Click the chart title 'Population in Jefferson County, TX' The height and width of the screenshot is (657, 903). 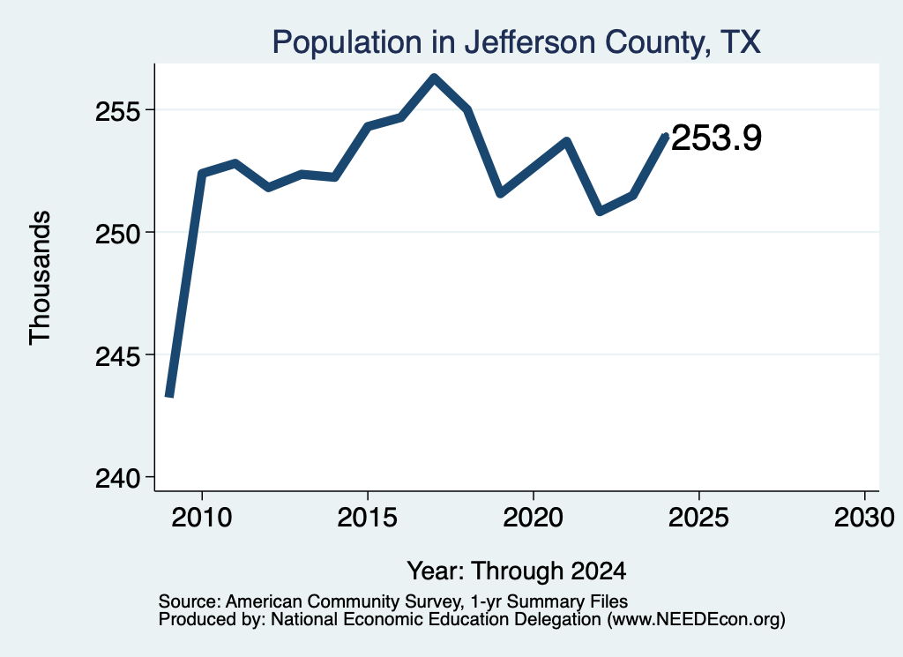(x=516, y=42)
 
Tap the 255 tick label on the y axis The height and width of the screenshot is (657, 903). (x=117, y=111)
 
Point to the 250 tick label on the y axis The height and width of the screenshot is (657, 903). (x=117, y=235)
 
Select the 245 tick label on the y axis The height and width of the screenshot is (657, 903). (x=117, y=357)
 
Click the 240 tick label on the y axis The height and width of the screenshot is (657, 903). (x=117, y=479)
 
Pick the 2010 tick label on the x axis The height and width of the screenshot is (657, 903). (x=202, y=517)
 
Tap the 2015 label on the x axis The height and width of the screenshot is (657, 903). (x=368, y=517)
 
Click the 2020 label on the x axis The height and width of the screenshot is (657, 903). (x=534, y=517)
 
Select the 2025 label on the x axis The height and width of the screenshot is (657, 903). (x=698, y=517)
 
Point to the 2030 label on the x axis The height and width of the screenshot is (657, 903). (x=864, y=517)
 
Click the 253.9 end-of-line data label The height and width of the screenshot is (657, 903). (x=716, y=138)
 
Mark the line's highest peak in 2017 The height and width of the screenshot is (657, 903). (x=434, y=78)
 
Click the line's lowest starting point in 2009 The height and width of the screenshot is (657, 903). (x=169, y=396)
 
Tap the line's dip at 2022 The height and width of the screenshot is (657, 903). (x=600, y=212)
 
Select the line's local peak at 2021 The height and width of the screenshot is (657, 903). (x=567, y=140)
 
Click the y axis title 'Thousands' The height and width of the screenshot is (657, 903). (x=40, y=278)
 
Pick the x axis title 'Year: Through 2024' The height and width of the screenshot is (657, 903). (x=517, y=571)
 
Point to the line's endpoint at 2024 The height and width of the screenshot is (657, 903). (x=667, y=136)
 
